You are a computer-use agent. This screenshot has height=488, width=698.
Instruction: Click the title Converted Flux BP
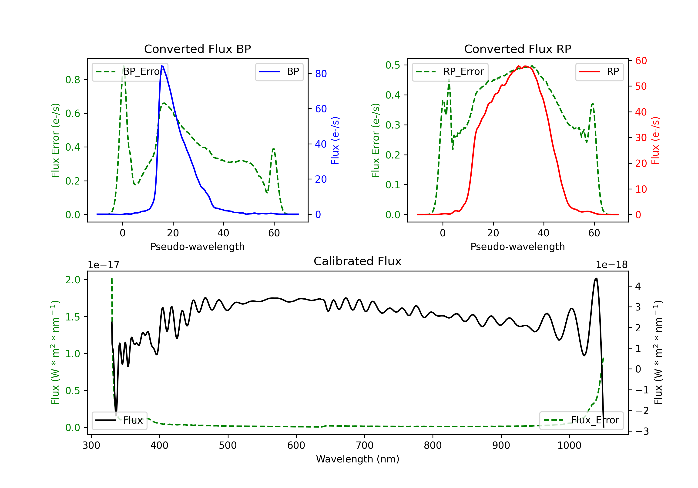pos(198,49)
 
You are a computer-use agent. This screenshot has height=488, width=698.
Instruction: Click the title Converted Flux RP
pos(518,49)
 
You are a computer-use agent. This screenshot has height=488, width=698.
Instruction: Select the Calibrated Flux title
pos(358,261)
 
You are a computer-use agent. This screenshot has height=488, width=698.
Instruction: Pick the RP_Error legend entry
pos(450,72)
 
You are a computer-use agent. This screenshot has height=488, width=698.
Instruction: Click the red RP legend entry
pos(599,72)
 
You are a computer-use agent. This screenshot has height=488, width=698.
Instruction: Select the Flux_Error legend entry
pos(581,420)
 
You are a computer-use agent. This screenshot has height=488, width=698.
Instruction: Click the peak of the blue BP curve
pos(162,66)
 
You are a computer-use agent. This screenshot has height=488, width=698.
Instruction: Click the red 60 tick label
pos(641,61)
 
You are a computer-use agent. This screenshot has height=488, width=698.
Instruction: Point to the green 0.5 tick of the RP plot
pos(393,65)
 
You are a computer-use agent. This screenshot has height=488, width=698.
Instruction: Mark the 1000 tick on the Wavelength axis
pos(569,445)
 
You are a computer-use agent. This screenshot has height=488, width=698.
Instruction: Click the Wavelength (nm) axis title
pos(358,459)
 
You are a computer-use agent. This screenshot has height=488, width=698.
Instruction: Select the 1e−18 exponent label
pos(612,265)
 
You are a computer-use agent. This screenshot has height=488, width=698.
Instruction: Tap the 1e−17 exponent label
pos(104,265)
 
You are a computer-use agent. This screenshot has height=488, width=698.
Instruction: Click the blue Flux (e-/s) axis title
pos(335,141)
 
